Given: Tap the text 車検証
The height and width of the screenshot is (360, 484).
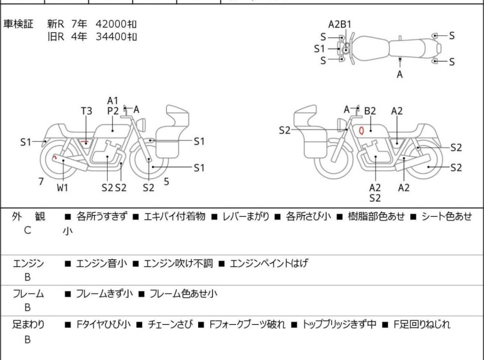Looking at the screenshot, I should [x=19, y=24].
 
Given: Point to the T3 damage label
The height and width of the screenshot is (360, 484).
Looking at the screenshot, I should [x=87, y=111].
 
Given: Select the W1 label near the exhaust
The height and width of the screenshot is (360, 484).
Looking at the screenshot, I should [x=62, y=188].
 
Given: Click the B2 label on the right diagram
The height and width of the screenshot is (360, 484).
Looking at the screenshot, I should [x=370, y=111].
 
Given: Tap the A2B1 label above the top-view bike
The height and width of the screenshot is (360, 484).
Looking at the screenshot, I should [x=340, y=24].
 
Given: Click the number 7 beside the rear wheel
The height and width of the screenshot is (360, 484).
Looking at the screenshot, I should [x=41, y=182].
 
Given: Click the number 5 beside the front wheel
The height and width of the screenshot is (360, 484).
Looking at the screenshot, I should [x=167, y=182].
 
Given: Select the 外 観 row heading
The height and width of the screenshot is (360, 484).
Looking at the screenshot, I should [x=28, y=217].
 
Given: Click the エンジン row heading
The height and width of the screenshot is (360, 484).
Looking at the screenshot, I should [x=28, y=263].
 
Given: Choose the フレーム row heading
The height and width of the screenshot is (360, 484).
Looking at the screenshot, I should [x=28, y=294].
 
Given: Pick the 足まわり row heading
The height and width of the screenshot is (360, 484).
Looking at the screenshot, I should [x=28, y=325].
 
